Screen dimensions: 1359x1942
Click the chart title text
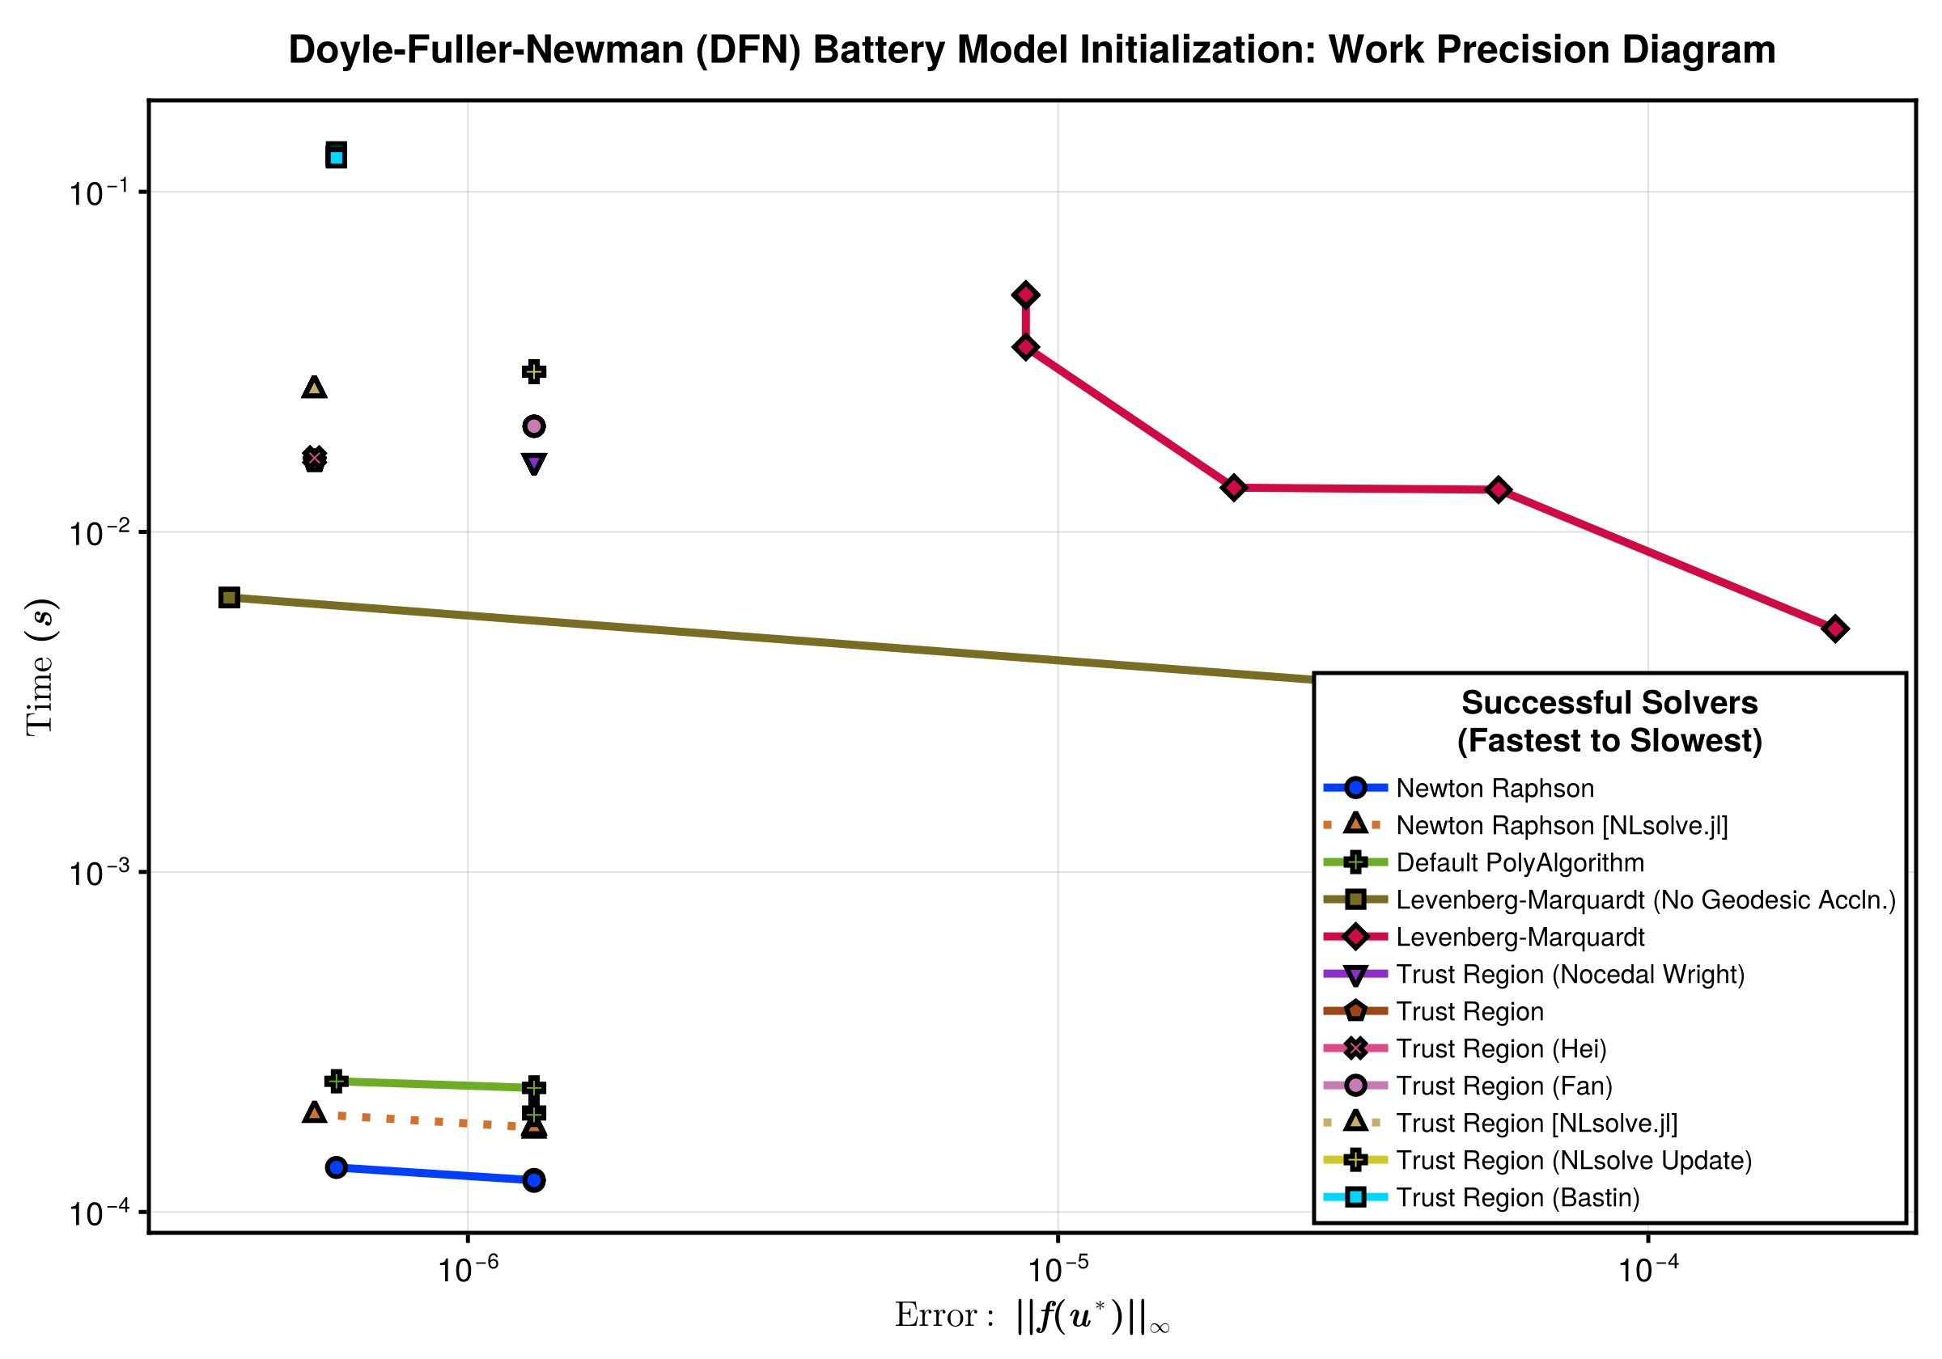[x=1031, y=50]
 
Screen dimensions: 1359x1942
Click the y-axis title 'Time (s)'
[x=40, y=667]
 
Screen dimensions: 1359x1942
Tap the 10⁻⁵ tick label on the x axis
[x=1058, y=1269]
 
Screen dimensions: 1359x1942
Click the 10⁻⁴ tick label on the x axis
[x=1647, y=1269]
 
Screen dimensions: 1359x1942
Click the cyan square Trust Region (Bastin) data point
[x=337, y=156]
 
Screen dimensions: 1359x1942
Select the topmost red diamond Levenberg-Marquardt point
[x=1025, y=295]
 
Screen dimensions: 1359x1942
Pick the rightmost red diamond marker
[x=1834, y=629]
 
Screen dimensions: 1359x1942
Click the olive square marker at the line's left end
[x=229, y=598]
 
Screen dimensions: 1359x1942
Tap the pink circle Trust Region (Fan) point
[x=534, y=426]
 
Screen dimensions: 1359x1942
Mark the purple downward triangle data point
[x=534, y=464]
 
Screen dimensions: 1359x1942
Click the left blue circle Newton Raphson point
[x=337, y=1167]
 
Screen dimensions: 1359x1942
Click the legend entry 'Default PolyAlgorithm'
[x=1520, y=862]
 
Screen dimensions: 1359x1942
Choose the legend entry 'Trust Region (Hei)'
[x=1500, y=1048]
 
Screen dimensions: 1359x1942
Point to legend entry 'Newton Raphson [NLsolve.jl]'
[x=1562, y=825]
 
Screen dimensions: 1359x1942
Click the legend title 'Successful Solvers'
[x=1609, y=703]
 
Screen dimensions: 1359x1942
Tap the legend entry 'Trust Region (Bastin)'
[x=1517, y=1197]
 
